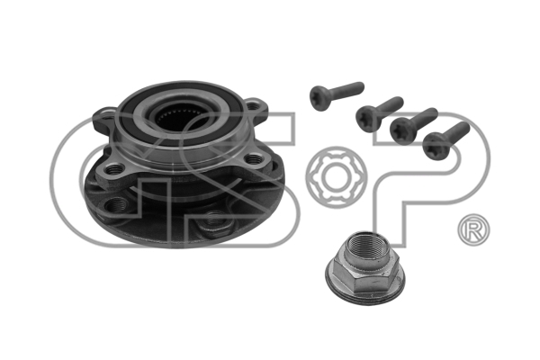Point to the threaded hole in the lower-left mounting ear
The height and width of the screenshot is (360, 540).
point(114,169)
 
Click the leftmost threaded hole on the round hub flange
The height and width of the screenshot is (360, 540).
point(114,206)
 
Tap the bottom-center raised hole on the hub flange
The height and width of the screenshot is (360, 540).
point(212,220)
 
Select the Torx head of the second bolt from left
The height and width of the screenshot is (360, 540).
point(366,120)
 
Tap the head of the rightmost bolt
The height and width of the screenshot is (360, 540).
point(434,147)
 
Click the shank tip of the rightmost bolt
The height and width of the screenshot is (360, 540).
point(465,126)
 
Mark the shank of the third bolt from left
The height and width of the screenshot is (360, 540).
point(424,118)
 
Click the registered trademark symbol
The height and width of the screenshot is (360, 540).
point(473,231)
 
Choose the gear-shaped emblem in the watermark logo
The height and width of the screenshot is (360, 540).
point(336,176)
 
